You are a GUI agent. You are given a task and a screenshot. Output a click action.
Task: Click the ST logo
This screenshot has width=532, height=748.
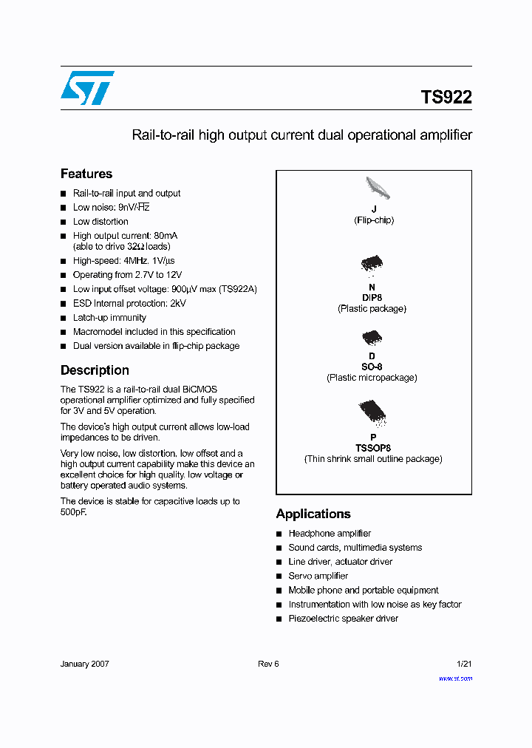tap(87, 88)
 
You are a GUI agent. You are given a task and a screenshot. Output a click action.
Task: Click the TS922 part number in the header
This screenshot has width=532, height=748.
tap(446, 98)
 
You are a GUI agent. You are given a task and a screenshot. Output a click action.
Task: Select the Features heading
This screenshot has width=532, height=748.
tap(86, 174)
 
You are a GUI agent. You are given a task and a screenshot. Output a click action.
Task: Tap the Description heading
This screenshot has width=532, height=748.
tap(95, 370)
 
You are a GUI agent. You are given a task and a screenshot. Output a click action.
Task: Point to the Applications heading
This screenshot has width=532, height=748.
tap(313, 514)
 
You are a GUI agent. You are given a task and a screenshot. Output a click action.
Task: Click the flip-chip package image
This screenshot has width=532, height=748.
tap(377, 189)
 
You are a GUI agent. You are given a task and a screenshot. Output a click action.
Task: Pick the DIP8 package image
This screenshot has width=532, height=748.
tap(372, 265)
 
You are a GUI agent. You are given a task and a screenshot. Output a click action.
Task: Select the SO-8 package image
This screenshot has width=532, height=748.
tap(372, 339)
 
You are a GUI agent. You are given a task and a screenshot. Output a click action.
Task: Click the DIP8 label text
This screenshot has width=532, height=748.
tap(372, 298)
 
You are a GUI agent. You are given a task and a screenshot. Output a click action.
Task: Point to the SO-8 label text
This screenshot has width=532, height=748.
tap(372, 367)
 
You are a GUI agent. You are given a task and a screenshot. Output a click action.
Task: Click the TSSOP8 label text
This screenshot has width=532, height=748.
tap(372, 448)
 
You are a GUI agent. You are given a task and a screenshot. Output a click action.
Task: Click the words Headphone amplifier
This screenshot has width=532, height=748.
tap(330, 533)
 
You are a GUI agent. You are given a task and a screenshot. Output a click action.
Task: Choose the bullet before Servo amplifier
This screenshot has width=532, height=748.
tap(279, 577)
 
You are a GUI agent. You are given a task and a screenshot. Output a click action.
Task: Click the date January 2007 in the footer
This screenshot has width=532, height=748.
tap(84, 664)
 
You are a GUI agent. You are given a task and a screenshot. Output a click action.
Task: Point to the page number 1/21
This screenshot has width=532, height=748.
tap(463, 664)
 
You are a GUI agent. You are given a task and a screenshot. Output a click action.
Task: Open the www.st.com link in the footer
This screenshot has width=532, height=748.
tap(455, 678)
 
